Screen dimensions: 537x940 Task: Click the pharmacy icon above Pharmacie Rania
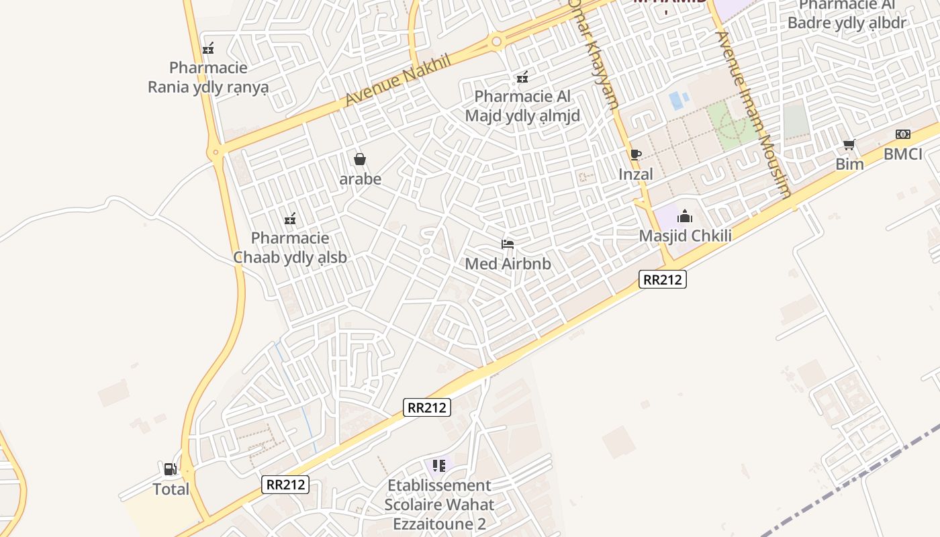[208, 48]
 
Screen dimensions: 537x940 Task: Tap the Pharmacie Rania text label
[208, 77]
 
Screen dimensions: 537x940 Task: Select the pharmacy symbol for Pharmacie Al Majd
[522, 77]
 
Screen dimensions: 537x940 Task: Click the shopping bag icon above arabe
[360, 159]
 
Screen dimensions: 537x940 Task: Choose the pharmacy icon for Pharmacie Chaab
[290, 218]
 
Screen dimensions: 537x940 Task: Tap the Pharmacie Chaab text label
[290, 247]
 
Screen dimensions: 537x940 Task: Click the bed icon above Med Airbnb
[508, 244]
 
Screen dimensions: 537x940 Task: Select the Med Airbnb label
[508, 264]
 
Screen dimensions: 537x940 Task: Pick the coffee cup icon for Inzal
[635, 154]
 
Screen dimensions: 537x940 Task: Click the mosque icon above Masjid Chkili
[685, 216]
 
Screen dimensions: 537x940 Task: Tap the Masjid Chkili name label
[685, 236]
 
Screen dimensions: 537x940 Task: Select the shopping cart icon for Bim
[849, 144]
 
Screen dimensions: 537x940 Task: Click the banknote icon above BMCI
[902, 134]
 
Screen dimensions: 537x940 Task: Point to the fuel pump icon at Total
[171, 469]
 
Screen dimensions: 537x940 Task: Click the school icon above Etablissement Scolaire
[439, 465]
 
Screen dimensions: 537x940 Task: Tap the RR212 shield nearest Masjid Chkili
[663, 279]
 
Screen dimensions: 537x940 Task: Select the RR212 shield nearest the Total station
[286, 484]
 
